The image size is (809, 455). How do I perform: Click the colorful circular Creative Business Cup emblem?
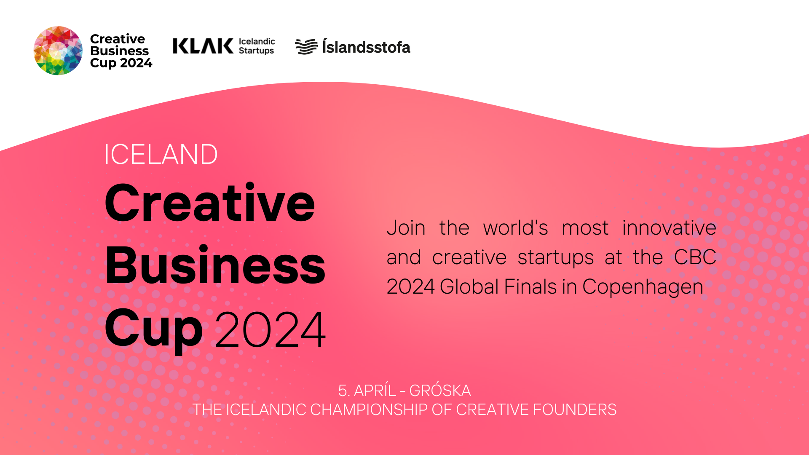tap(58, 51)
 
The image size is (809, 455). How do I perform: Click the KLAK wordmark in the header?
tap(203, 46)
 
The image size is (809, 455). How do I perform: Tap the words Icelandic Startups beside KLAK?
tap(257, 46)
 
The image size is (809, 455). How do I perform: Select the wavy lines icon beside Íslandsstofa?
tap(306, 46)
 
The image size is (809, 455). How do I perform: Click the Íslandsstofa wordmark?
tap(366, 46)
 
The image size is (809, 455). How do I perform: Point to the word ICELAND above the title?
tap(161, 154)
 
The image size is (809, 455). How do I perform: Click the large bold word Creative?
tap(210, 203)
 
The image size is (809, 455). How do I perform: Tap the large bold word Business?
tap(215, 265)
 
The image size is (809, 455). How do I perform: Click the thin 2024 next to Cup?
tap(271, 329)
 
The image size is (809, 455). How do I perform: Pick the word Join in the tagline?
tap(406, 228)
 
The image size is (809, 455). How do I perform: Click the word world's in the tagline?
tap(515, 228)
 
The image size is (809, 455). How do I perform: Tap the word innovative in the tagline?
tap(669, 227)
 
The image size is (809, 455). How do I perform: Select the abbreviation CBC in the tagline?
tap(695, 257)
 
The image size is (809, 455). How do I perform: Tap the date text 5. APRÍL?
tap(367, 391)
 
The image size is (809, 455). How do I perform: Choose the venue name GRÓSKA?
tap(440, 391)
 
